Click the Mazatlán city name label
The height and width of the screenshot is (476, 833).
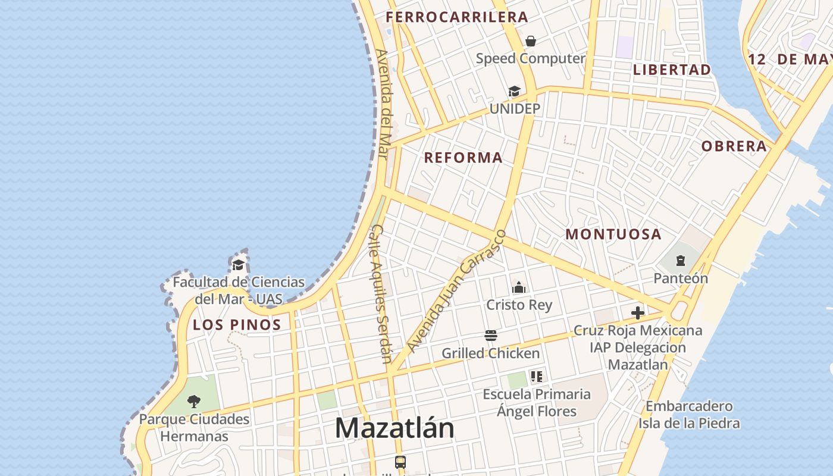[x=394, y=428]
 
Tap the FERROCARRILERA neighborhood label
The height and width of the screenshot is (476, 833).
[x=456, y=17]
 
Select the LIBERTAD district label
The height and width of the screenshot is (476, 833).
[x=672, y=70]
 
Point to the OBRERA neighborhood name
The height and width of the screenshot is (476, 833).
[x=734, y=146]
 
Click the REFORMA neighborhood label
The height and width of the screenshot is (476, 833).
[x=463, y=158]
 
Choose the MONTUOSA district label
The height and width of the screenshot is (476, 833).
[x=613, y=234]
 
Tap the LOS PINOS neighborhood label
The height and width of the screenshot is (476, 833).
[x=237, y=325]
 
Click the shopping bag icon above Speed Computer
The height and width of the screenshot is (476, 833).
[x=530, y=41]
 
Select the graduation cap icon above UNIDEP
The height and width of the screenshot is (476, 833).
[x=514, y=92]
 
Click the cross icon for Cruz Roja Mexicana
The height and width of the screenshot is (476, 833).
[x=637, y=312]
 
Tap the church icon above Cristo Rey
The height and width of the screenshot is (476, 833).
[x=519, y=288]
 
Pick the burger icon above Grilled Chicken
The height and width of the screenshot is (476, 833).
[x=490, y=336]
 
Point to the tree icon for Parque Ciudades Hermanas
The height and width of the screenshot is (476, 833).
[x=194, y=402]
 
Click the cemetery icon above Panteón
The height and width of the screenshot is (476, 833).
[x=680, y=261]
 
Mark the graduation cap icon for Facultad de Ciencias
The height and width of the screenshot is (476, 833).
[x=239, y=265]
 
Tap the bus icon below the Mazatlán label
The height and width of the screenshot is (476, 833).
[x=400, y=462]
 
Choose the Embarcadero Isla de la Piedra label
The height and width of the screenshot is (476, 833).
[x=689, y=415]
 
